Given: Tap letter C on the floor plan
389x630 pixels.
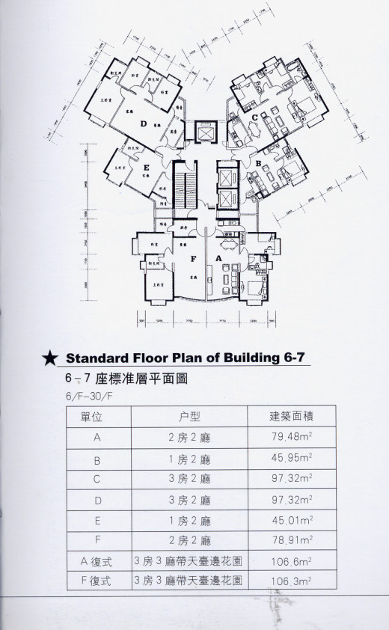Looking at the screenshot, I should [254, 117].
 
